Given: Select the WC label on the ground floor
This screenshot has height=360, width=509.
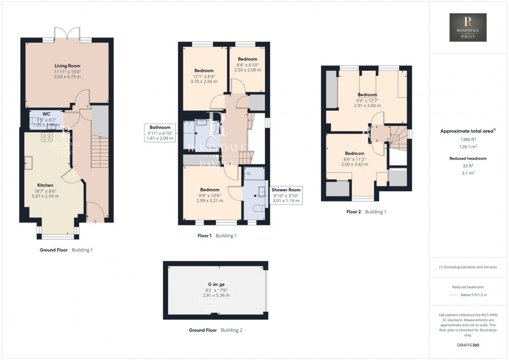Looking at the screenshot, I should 46,113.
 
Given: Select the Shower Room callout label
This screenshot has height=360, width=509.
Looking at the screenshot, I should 286,190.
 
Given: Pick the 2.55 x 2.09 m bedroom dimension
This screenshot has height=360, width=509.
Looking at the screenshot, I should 247,70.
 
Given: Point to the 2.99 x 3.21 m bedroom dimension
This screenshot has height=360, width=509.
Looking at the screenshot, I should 210,201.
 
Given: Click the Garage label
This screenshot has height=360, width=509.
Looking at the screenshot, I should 216,284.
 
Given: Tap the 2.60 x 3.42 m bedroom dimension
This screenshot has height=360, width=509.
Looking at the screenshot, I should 354,164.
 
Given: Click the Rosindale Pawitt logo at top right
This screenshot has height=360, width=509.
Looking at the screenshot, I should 468,28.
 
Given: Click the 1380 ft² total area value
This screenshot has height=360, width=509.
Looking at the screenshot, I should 468,140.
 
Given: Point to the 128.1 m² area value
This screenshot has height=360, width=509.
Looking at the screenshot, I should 468,146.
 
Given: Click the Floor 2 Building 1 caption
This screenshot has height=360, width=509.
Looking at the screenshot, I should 366,212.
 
